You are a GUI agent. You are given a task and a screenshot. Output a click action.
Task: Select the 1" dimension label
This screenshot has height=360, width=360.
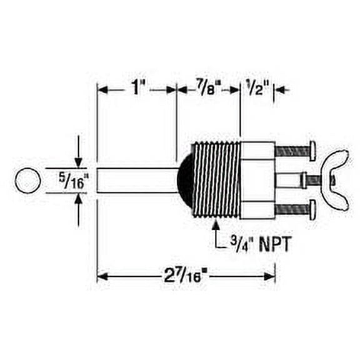[x=137, y=89]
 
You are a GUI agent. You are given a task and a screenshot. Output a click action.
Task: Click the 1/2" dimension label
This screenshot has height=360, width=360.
[x=257, y=89]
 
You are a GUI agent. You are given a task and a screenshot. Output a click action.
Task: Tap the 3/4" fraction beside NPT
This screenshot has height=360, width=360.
[x=237, y=242]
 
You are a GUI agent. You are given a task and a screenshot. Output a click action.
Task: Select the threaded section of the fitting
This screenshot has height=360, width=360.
[x=216, y=180]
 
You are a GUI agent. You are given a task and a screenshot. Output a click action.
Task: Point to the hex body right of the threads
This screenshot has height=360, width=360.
[x=257, y=180]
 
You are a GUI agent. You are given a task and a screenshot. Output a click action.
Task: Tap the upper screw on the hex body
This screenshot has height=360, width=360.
[x=294, y=151]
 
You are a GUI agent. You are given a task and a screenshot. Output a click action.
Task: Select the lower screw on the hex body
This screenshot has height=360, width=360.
[x=294, y=208]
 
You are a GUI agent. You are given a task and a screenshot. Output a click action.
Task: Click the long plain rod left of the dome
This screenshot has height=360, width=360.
[x=136, y=181]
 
